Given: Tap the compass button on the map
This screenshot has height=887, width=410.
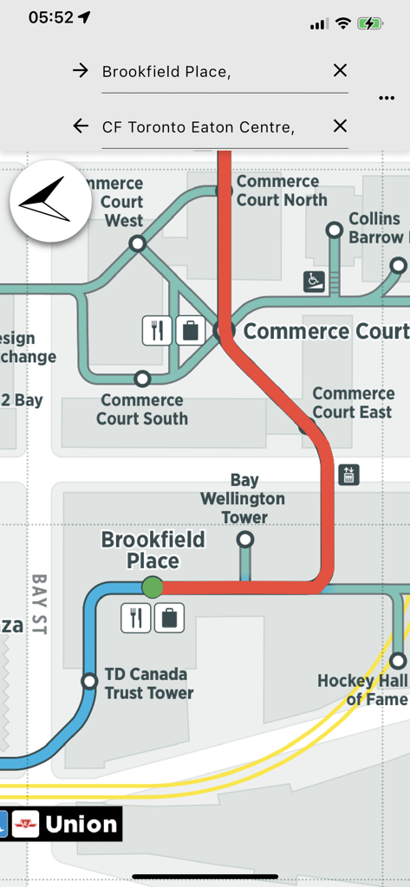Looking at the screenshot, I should tap(50, 201).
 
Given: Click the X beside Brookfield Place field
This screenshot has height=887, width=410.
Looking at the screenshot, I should tap(340, 71).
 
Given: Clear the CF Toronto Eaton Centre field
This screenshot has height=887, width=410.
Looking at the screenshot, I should tap(340, 126).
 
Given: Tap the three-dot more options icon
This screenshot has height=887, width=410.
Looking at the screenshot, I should tap(387, 98).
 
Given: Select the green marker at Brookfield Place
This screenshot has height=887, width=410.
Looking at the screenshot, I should tap(153, 587).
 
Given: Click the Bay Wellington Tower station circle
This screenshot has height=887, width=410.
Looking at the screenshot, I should tap(245, 540).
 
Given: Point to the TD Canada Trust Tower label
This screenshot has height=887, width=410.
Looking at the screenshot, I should tap(148, 683).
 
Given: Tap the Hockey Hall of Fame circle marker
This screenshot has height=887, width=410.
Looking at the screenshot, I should tap(398, 661).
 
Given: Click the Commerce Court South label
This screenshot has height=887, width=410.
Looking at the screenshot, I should tap(142, 409).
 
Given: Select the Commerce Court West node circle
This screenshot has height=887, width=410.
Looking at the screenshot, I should tap(137, 244).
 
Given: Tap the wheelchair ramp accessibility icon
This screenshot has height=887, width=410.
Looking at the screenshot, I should tap(314, 281).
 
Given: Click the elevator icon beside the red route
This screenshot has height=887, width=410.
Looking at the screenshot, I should tap(348, 475).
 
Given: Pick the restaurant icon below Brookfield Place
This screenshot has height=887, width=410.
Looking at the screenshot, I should tap(135, 618).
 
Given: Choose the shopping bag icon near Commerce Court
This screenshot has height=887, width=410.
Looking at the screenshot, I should tap(189, 331).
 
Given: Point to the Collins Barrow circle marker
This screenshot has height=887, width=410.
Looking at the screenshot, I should tap(335, 230).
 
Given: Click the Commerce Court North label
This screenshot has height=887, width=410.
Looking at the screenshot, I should tap(282, 191).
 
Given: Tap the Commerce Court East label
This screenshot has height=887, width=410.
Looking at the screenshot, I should tap(352, 403).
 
